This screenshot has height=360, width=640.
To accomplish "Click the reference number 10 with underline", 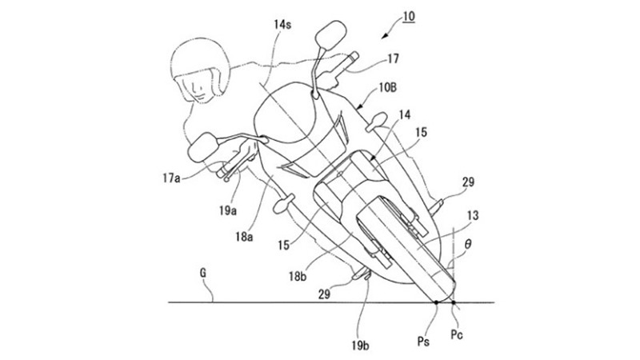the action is pos(409,17).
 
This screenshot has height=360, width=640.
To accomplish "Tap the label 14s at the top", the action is pos(282,25).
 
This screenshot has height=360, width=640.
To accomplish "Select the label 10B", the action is pos(388,88).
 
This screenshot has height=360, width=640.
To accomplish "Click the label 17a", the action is pos(171,178).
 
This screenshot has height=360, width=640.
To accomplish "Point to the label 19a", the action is pos(228,210).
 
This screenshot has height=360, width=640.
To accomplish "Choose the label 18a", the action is pos(244,236).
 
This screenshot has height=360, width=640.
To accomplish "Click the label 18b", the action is pos(298,276).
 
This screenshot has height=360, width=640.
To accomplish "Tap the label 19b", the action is pos(361,346).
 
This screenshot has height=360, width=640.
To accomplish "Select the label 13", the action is pos(472,215).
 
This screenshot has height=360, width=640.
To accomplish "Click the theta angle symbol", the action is pos(468,244).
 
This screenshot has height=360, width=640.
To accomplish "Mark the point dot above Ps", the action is pos(436,302).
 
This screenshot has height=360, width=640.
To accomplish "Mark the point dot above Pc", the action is pos(454,302).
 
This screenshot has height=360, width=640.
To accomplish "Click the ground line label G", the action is pos(203,273).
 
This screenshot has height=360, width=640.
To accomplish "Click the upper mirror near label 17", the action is pos(330,34).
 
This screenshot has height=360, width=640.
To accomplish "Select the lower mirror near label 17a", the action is pos(203,147).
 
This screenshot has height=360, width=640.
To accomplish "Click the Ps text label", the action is pos(423,341).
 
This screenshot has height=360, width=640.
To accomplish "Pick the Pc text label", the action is pos(457,334).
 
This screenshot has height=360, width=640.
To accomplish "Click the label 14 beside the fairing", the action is pos(405,115).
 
